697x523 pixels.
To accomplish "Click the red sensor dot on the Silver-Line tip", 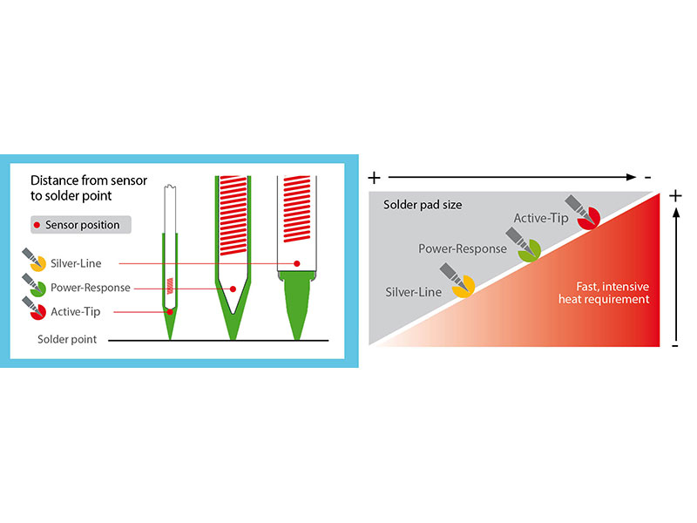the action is [297, 264].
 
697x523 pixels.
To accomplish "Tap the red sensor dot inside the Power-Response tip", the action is [233, 289].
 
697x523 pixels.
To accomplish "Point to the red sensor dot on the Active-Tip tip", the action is [170, 312].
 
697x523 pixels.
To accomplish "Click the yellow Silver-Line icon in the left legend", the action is [34, 260].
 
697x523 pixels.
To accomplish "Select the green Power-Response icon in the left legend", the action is [34, 285].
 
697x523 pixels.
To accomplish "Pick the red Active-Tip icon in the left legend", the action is [34, 309].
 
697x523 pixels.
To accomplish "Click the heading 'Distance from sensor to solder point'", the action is [89, 187].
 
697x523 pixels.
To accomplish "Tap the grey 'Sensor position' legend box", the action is [81, 225].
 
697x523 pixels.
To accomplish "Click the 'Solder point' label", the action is [67, 339].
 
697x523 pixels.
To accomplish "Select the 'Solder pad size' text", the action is [423, 205].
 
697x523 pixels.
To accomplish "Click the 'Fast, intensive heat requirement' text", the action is [604, 293].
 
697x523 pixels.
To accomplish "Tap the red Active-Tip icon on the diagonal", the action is [583, 212].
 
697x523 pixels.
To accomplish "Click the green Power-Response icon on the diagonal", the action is [524, 244].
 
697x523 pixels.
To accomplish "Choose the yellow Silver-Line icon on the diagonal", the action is [457, 280].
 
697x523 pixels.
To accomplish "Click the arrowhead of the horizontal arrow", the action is [631, 177].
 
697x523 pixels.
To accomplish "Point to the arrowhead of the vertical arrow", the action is [676, 214].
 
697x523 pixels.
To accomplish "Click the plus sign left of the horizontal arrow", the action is [375, 178].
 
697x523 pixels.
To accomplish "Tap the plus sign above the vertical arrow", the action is [676, 195].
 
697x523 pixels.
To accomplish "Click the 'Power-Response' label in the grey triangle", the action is [463, 248].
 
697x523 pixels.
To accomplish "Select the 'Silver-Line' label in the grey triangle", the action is [413, 292].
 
